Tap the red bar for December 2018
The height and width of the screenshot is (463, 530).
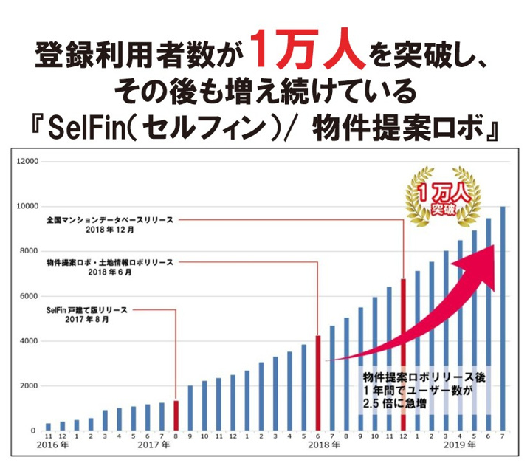[x=403, y=354]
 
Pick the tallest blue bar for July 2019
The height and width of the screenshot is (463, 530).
[x=503, y=318]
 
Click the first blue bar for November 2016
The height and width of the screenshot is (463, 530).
[x=48, y=427]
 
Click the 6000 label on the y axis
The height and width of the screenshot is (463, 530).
[x=29, y=296]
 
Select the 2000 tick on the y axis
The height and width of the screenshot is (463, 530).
[x=29, y=386]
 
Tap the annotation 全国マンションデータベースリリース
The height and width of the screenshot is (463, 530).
[x=110, y=219]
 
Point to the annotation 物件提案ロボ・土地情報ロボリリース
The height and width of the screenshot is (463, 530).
[x=109, y=262]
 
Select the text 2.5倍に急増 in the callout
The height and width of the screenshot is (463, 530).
[x=399, y=403]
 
